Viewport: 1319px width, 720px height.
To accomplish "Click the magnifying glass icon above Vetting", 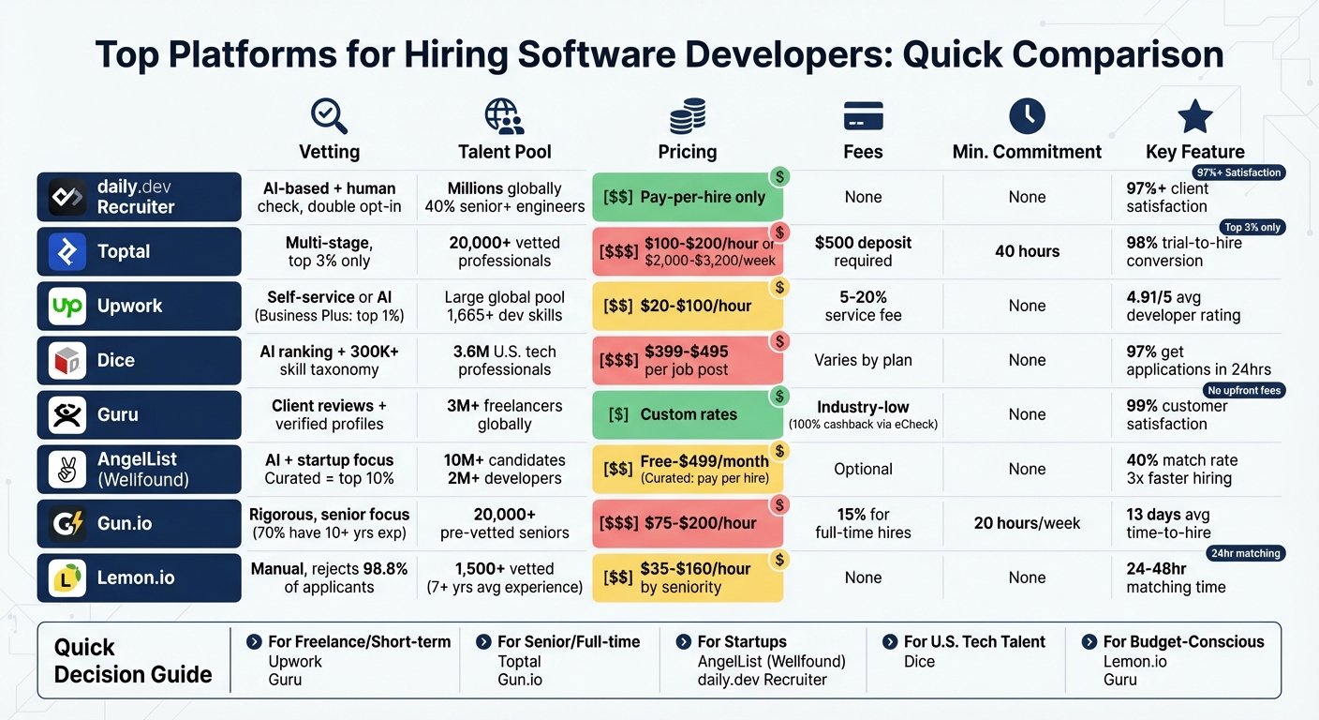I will coord(329,117).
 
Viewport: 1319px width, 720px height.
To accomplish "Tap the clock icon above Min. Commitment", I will coord(1027,117).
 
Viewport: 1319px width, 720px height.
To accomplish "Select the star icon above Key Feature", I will coord(1194,117).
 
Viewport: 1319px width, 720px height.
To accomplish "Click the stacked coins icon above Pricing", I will coord(688,117).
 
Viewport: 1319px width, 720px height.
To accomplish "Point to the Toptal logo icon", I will coord(67,251).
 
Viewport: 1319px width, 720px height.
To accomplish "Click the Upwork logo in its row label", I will coord(67,306).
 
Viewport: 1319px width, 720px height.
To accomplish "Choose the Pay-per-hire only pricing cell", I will coord(688,197).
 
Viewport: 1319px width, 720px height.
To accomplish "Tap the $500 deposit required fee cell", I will coord(863,251).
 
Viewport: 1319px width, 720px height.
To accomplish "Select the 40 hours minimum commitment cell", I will coord(1027,251).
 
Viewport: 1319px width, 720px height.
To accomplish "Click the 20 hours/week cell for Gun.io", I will coord(1027,523).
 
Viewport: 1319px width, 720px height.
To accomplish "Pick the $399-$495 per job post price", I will coord(688,360).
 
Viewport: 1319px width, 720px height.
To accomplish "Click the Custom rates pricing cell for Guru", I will coord(688,414).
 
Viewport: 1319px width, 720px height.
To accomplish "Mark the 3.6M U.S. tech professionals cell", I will coord(504,360).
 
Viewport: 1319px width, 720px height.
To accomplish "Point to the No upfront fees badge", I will coord(1244,390).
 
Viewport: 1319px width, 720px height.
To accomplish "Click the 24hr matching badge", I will coord(1245,553).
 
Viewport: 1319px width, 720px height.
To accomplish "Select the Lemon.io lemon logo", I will coord(67,577).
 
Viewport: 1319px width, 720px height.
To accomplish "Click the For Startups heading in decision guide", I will coord(741,642).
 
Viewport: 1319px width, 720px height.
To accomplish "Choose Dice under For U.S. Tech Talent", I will coord(919,662).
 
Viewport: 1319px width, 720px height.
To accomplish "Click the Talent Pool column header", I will coord(504,152).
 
